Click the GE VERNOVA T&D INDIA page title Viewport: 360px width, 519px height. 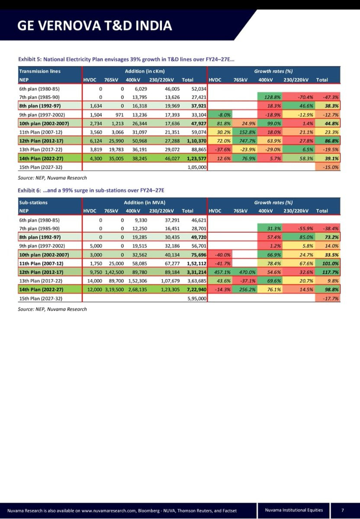pyautogui.click(x=94, y=26)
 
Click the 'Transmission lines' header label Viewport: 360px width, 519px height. pyautogui.click(x=40, y=71)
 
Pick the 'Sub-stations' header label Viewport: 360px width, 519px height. pyautogui.click(x=34, y=202)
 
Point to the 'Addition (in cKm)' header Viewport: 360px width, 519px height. pyautogui.click(x=145, y=71)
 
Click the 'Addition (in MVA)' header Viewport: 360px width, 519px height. pyautogui.click(x=145, y=202)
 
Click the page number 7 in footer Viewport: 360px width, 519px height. pyautogui.click(x=342, y=510)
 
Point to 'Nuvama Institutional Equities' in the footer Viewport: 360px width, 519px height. pyautogui.click(x=294, y=510)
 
